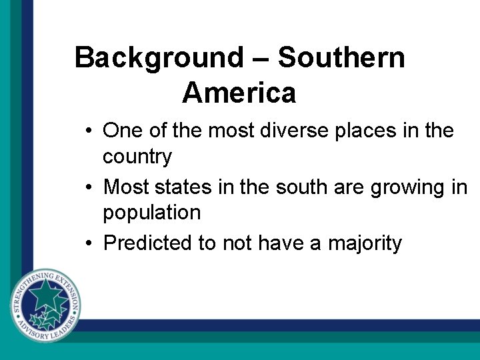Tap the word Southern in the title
pyautogui.click(x=341, y=58)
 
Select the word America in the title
pyautogui.click(x=239, y=93)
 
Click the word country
pyautogui.click(x=137, y=157)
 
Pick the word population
pyautogui.click(x=151, y=213)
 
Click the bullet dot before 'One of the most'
pyautogui.click(x=89, y=131)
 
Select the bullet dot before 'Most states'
pyautogui.click(x=89, y=187)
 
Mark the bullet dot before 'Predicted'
pyautogui.click(x=89, y=243)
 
